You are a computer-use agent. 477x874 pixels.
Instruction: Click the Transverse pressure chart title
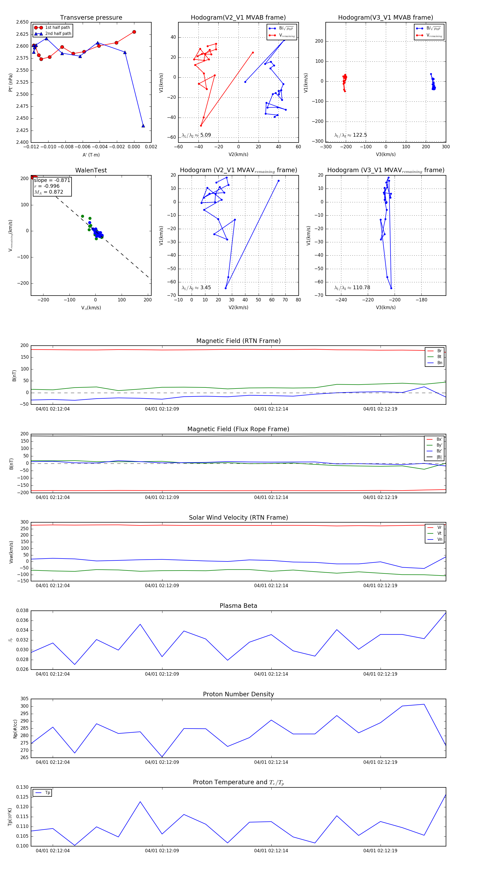coord(91,18)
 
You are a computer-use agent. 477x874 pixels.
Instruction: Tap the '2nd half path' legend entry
coord(58,34)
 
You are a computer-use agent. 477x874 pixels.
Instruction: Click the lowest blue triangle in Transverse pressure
coord(143,126)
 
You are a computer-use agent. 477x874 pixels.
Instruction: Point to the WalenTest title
coord(91,170)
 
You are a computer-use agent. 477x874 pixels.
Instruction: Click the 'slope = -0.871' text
coord(52,180)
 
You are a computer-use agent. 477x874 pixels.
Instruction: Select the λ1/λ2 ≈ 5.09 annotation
coord(196,135)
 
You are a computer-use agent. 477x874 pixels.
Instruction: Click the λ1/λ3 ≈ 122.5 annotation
coord(351,135)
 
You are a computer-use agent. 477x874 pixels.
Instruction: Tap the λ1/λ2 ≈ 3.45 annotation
coord(196,288)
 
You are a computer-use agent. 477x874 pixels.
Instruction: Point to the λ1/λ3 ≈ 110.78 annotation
coord(352,288)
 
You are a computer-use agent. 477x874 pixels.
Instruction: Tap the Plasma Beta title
coord(238,606)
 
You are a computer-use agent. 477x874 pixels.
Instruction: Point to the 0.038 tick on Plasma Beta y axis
coord(23,611)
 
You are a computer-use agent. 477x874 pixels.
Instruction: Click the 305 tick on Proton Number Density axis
coord(24,699)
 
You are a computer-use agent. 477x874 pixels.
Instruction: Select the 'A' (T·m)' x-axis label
coord(91,155)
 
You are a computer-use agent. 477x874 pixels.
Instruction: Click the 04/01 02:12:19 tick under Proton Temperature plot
coord(380,851)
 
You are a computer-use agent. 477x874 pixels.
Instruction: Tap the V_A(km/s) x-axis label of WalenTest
coord(91,308)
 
